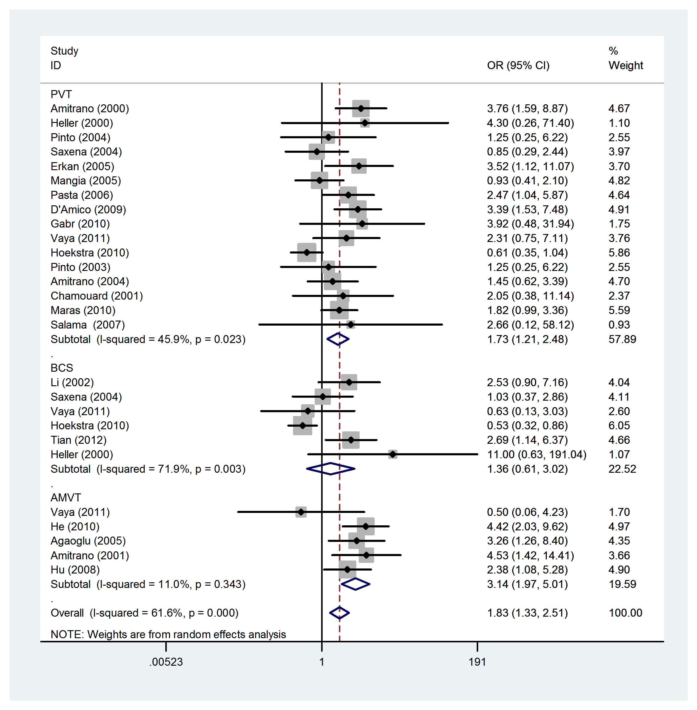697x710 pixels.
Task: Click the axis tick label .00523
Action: pos(166,662)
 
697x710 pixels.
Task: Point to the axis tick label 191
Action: pos(477,662)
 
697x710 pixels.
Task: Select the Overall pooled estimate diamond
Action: pos(339,613)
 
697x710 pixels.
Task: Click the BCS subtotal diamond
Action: pos(331,469)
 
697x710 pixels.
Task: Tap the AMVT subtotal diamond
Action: pos(355,584)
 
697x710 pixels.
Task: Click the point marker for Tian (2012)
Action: pos(351,440)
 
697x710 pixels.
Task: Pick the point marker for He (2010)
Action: pos(366,527)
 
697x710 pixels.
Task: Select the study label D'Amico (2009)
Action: pos(88,209)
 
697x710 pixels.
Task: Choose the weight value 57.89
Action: pos(622,339)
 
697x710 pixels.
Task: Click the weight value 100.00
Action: pos(625,613)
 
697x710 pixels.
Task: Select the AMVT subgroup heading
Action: pos(66,498)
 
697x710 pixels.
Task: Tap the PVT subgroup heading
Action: pos(61,94)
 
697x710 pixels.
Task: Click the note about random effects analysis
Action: pos(168,634)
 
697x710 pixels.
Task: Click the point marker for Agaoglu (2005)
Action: pos(357,541)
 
